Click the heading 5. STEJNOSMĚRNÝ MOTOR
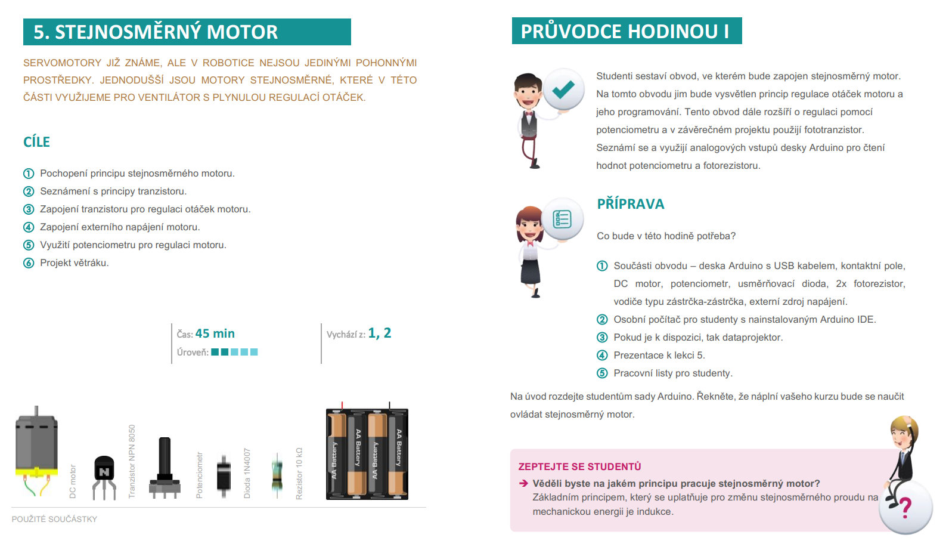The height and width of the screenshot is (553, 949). [x=156, y=32]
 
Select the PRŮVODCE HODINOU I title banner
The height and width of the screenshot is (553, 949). [x=625, y=31]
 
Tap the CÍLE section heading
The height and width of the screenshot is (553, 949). [x=36, y=142]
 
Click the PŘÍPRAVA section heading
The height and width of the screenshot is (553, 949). [x=630, y=204]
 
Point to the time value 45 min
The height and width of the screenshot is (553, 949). [x=215, y=333]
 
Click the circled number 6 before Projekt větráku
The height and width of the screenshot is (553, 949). [x=29, y=263]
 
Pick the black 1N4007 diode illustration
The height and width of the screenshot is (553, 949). [x=224, y=475]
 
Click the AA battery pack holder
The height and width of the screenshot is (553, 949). [x=367, y=453]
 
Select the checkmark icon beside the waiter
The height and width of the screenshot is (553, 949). [x=563, y=89]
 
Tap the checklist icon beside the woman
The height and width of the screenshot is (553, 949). [x=562, y=220]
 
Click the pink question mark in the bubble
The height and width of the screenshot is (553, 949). [x=905, y=508]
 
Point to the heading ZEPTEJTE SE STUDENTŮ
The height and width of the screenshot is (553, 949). [x=579, y=467]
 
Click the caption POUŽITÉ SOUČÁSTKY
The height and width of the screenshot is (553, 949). [x=54, y=519]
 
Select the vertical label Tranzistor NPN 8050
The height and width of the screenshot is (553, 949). [x=132, y=461]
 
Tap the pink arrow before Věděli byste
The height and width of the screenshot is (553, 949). [x=523, y=483]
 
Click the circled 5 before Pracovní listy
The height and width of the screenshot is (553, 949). [x=602, y=373]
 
